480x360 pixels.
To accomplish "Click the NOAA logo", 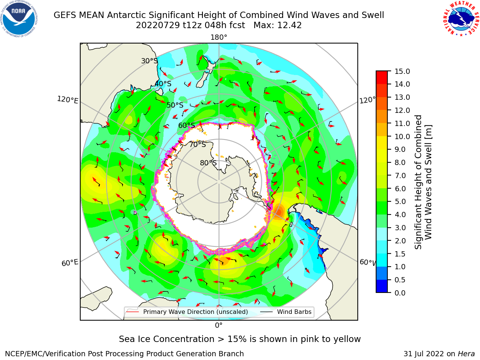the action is click(x=19, y=19).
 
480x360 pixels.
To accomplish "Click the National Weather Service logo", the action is click(x=461, y=18).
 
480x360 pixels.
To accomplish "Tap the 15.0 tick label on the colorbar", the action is click(x=402, y=71).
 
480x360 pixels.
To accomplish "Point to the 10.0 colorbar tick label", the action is click(x=402, y=136).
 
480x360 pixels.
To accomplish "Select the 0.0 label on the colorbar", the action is click(x=400, y=293).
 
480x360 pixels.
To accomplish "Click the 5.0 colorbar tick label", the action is click(x=400, y=201).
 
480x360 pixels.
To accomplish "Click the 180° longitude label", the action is click(x=219, y=37).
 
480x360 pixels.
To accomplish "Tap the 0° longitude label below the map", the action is click(x=219, y=325).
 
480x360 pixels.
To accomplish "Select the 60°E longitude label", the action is click(x=70, y=262).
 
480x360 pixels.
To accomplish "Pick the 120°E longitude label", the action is click(x=67, y=100).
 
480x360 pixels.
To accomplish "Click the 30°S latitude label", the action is click(x=149, y=61).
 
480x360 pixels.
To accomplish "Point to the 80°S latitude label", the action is click(x=208, y=163).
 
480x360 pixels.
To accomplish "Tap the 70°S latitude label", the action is click(x=198, y=144).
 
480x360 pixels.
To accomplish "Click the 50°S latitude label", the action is click(x=175, y=105).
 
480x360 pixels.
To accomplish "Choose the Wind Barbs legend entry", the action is click(x=286, y=312).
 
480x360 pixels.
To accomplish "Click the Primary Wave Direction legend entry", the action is click(x=187, y=312).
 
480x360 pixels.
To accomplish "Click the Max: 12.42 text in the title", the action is click(x=277, y=25).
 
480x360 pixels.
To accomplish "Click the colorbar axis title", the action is click(x=423, y=182).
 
